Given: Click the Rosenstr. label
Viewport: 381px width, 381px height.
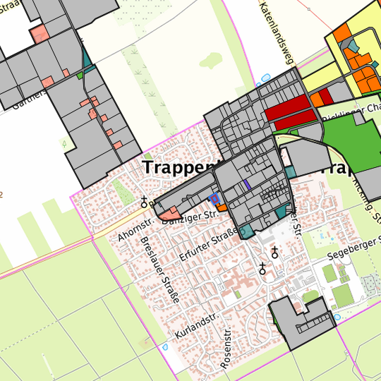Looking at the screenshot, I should point(226,349).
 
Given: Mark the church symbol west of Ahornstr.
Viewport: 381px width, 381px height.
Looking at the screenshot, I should point(145,202).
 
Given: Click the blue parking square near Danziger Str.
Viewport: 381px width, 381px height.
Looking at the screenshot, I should point(214,200).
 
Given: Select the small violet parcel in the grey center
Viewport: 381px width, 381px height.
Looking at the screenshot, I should point(246,185).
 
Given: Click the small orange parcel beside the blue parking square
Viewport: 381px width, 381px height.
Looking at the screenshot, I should point(222,207).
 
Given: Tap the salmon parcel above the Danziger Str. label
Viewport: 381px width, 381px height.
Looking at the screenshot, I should point(169,212).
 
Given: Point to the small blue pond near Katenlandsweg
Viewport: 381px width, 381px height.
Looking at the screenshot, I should point(265,78).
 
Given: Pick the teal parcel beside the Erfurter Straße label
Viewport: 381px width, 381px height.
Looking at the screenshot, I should point(246,231).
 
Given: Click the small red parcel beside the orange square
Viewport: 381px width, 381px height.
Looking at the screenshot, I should point(325,97).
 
